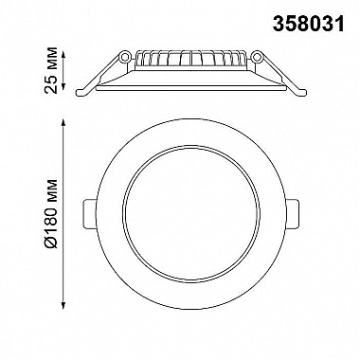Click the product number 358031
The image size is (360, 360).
[x=308, y=25]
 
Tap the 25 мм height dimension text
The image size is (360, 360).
[x=51, y=70]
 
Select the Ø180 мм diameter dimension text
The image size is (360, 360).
[x=51, y=214]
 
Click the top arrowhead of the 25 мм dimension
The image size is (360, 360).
[x=63, y=55]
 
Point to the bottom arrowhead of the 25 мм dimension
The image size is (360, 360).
[x=63, y=86]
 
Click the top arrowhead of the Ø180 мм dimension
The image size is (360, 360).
[x=63, y=123]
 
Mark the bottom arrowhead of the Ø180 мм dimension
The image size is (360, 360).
[x=63, y=305]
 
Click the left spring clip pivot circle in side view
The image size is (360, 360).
[x=125, y=57]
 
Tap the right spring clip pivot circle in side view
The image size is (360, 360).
[x=258, y=57]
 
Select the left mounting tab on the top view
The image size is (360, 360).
[x=90, y=213]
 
